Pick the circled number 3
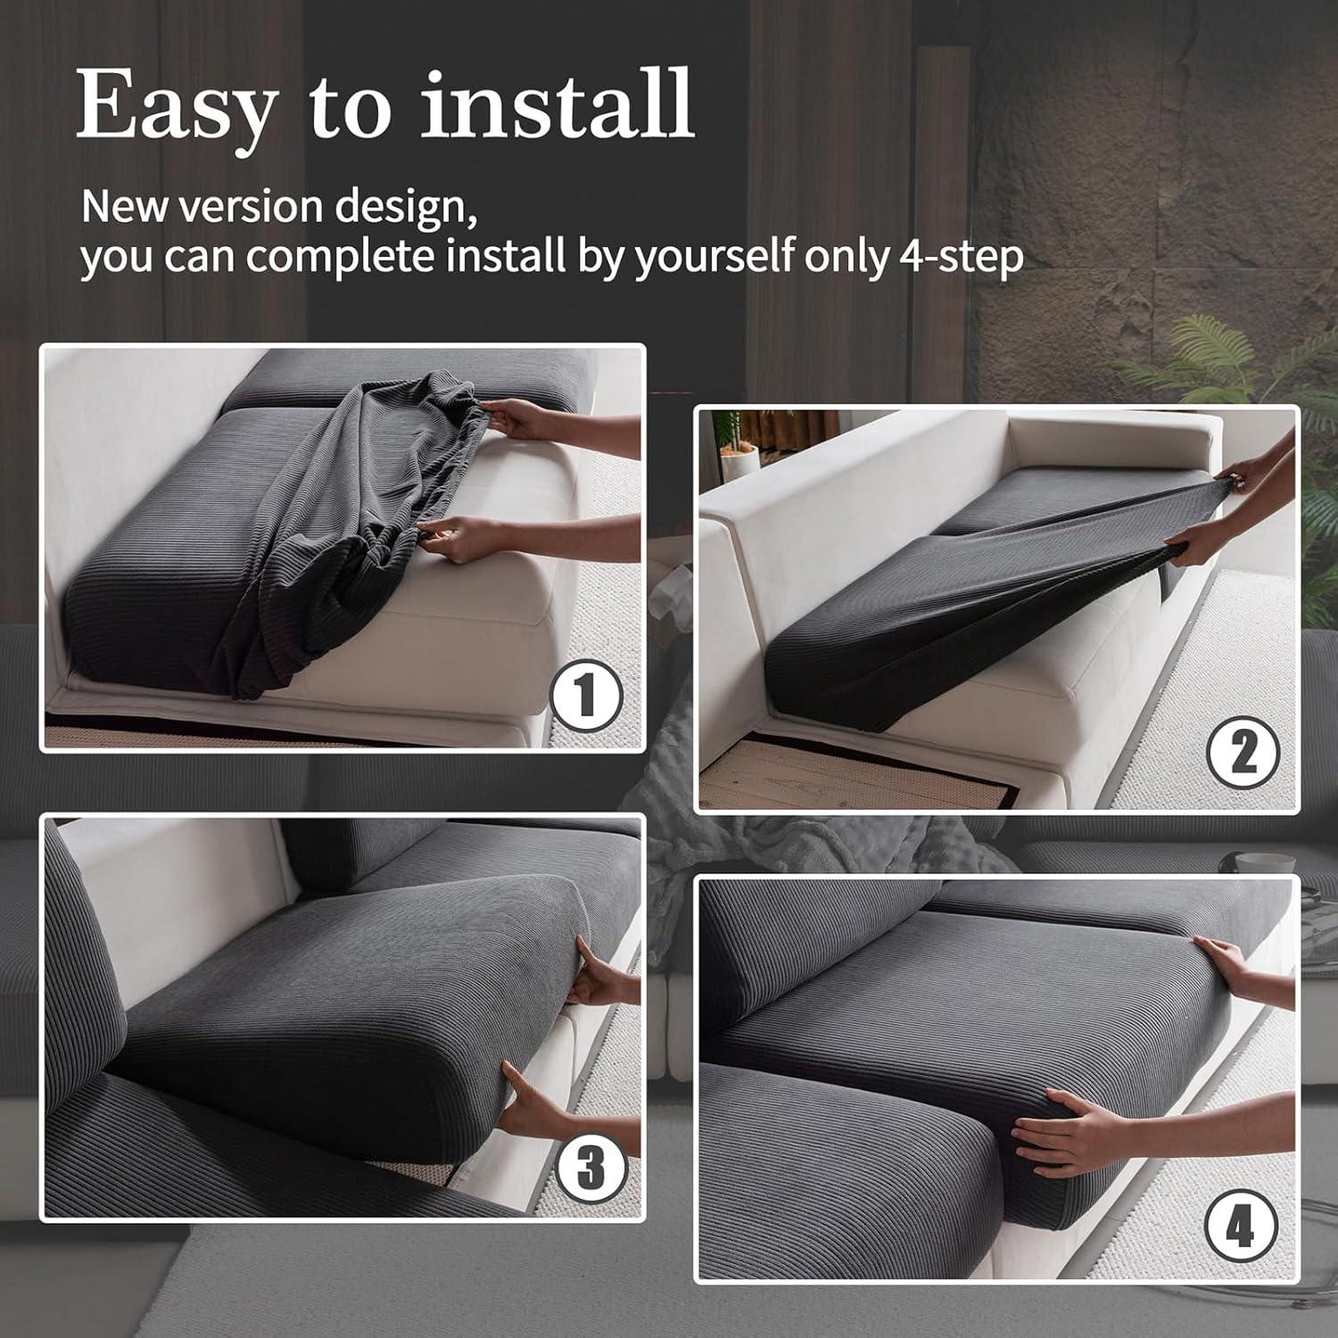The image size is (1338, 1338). point(590,1166)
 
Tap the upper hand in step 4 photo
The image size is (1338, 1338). point(1235,963)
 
